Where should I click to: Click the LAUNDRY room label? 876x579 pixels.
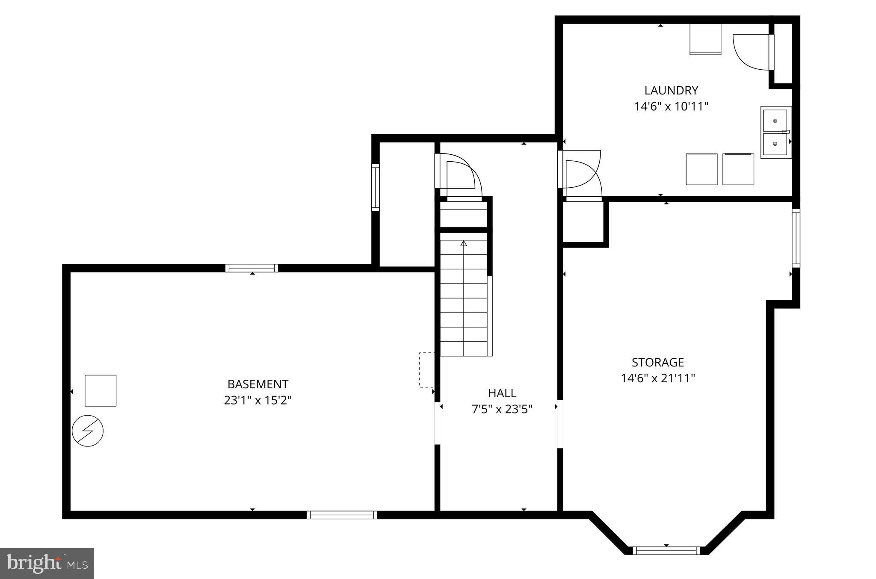point(671,90)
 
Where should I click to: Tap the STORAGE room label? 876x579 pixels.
point(658,362)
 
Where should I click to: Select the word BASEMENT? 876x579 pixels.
point(258,384)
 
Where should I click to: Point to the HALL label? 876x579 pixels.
point(502,393)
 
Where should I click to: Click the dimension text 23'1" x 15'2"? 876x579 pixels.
point(258,400)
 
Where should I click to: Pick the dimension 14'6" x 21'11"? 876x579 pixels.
point(658,378)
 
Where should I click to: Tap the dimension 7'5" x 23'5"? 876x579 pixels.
point(502,409)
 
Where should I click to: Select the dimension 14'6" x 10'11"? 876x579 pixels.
point(671,106)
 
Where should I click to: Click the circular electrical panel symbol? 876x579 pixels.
point(88,431)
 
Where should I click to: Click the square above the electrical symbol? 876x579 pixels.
point(101,390)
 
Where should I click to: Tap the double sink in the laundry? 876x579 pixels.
point(776,133)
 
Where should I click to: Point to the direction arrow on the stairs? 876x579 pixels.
point(464,243)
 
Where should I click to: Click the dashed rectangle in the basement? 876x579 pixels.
point(427,370)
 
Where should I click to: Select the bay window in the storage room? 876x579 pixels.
point(666,550)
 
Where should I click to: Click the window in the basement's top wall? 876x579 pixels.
point(252,268)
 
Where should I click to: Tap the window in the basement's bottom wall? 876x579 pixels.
point(342,515)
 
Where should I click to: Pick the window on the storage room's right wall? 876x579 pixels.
point(796,238)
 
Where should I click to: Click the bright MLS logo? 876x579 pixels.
point(47,563)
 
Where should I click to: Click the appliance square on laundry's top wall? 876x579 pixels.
point(705,39)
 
